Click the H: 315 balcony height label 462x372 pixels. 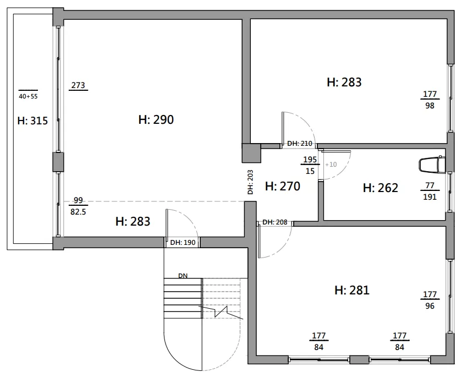32,121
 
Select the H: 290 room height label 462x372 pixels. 156,119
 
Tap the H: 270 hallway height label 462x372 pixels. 283,186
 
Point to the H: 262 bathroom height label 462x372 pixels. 381,188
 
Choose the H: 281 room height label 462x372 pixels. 352,290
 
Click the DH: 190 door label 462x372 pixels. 183,243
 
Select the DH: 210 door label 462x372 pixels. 299,144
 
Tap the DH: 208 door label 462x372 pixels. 274,222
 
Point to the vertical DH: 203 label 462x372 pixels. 250,182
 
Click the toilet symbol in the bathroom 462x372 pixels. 431,165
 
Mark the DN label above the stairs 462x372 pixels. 183,276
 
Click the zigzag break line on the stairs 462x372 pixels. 221,312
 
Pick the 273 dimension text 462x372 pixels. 78,85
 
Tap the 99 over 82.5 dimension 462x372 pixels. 78,206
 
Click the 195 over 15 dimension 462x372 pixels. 310,165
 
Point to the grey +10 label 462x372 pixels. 331,164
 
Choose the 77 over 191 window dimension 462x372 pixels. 430,191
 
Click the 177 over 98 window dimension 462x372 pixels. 430,100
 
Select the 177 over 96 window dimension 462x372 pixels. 430,300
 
